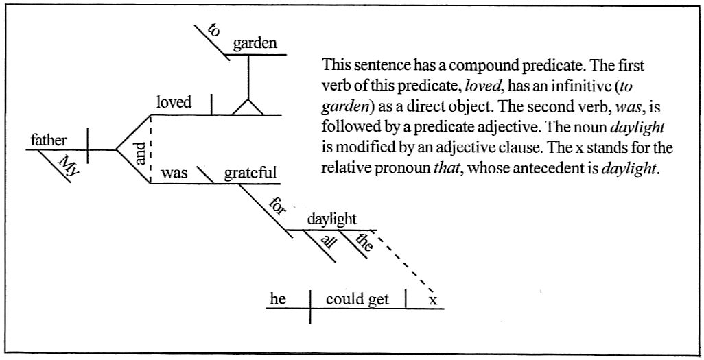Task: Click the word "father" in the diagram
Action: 49,141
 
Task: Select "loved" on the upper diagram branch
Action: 174,104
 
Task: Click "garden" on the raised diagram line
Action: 255,44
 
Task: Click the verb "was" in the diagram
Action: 174,173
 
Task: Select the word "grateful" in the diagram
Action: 250,173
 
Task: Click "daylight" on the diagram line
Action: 331,219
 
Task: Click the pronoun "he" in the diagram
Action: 278,299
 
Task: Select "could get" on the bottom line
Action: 357,299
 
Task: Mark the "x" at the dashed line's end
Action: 432,300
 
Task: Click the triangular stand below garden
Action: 248,107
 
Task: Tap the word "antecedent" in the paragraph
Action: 543,169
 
